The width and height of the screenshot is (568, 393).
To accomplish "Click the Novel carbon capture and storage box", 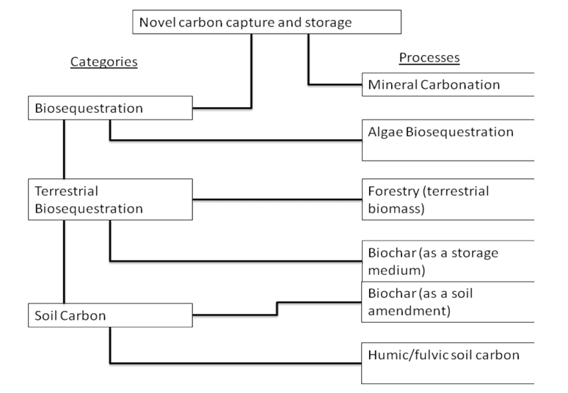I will pos(267,22).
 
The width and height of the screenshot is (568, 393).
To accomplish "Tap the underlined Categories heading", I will pos(103,62).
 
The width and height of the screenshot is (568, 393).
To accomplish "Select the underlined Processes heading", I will pos(429,58).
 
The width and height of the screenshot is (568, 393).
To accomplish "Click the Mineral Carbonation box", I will pos(448,84).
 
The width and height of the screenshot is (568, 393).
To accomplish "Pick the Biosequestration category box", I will pos(109,109).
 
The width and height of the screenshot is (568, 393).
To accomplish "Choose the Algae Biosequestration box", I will pos(448,139).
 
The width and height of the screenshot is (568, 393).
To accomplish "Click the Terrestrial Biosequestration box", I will pos(109,199).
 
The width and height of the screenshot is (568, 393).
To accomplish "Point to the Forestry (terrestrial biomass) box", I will pos(448,199).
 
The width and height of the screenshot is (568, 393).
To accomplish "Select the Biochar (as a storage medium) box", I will pos(448,260).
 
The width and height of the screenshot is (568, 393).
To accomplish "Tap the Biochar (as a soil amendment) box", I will pos(448,301).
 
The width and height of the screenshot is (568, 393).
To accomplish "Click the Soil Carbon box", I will pos(109,315).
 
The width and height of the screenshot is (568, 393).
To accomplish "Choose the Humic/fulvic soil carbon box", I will pos(448,361).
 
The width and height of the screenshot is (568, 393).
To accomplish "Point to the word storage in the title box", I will pos(328,23).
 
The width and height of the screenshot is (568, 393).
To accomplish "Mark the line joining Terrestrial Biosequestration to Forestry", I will pos(277,199).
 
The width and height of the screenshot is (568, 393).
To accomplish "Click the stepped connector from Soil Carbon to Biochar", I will pos(276,308).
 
